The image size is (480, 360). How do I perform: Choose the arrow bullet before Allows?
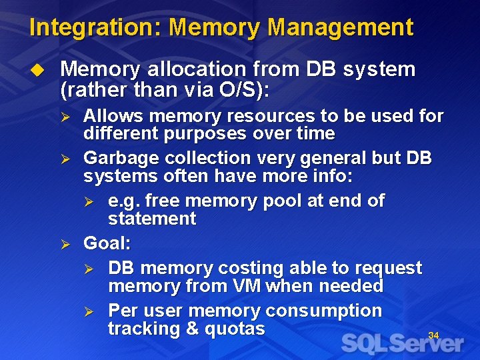[x=65, y=117]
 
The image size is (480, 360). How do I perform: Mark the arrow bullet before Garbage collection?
[x=65, y=160]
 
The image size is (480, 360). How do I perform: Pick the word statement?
[x=152, y=219]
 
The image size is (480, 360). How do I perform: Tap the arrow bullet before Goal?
[x=65, y=245]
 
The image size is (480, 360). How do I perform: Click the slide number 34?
[x=433, y=335]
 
